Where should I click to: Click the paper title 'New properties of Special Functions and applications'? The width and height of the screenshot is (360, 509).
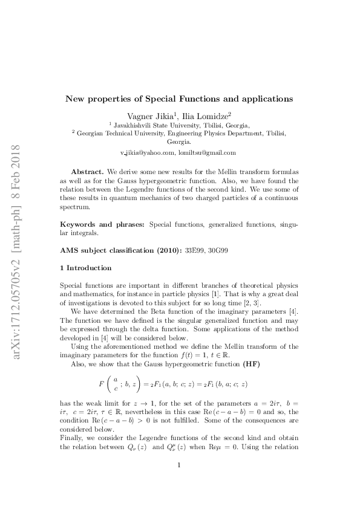pos(179,98)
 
